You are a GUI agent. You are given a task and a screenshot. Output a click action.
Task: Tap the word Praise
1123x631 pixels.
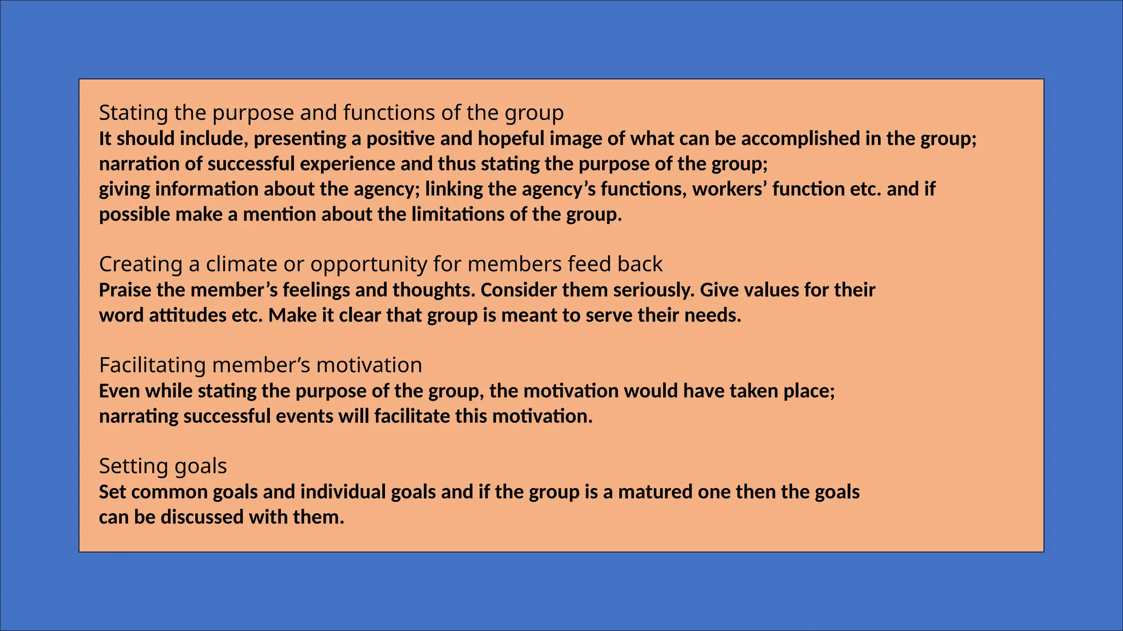click(x=124, y=290)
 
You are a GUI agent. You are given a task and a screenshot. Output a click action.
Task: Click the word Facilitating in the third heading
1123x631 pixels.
click(x=152, y=365)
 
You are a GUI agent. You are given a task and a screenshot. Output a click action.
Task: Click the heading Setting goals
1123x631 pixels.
click(x=163, y=466)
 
